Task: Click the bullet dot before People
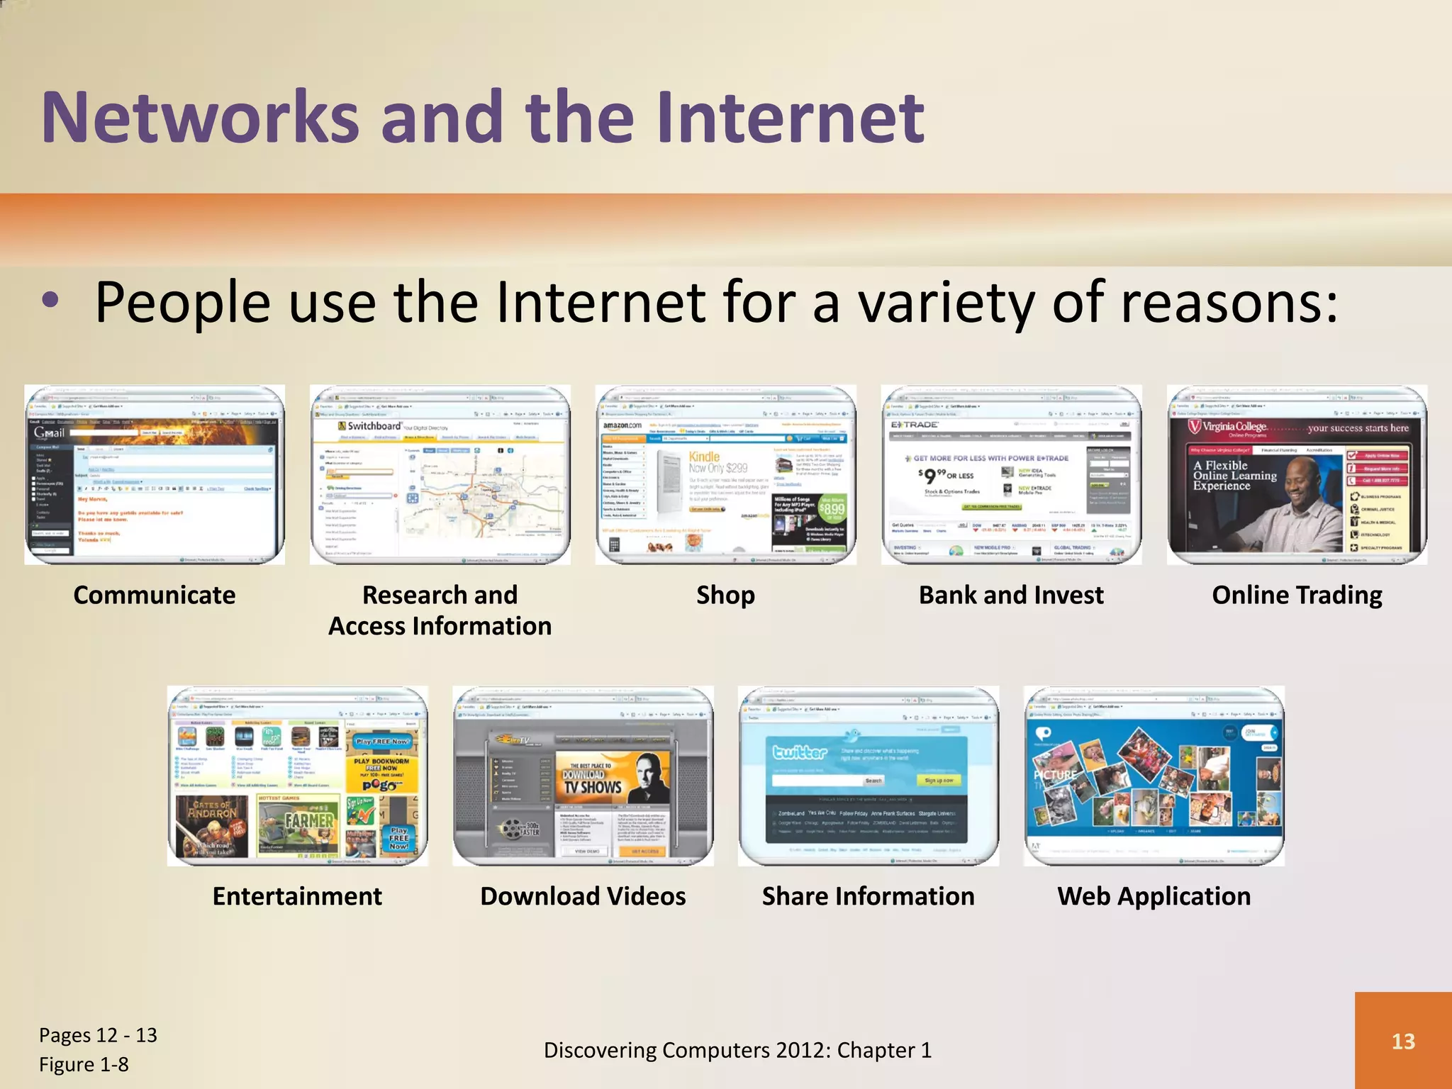[50, 301]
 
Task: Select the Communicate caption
[154, 595]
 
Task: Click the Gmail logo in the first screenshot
[49, 432]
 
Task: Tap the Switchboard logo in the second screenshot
[370, 426]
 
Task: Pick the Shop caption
[725, 595]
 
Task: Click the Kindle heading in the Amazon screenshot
[704, 457]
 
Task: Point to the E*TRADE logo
[915, 425]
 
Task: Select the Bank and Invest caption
[1011, 595]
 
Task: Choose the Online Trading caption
[1297, 595]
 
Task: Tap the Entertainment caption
[297, 896]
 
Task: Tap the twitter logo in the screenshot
[800, 752]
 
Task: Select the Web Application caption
[1154, 896]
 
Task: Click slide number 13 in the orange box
[1403, 1041]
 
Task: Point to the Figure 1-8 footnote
[84, 1064]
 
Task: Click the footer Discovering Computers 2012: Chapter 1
[737, 1050]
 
